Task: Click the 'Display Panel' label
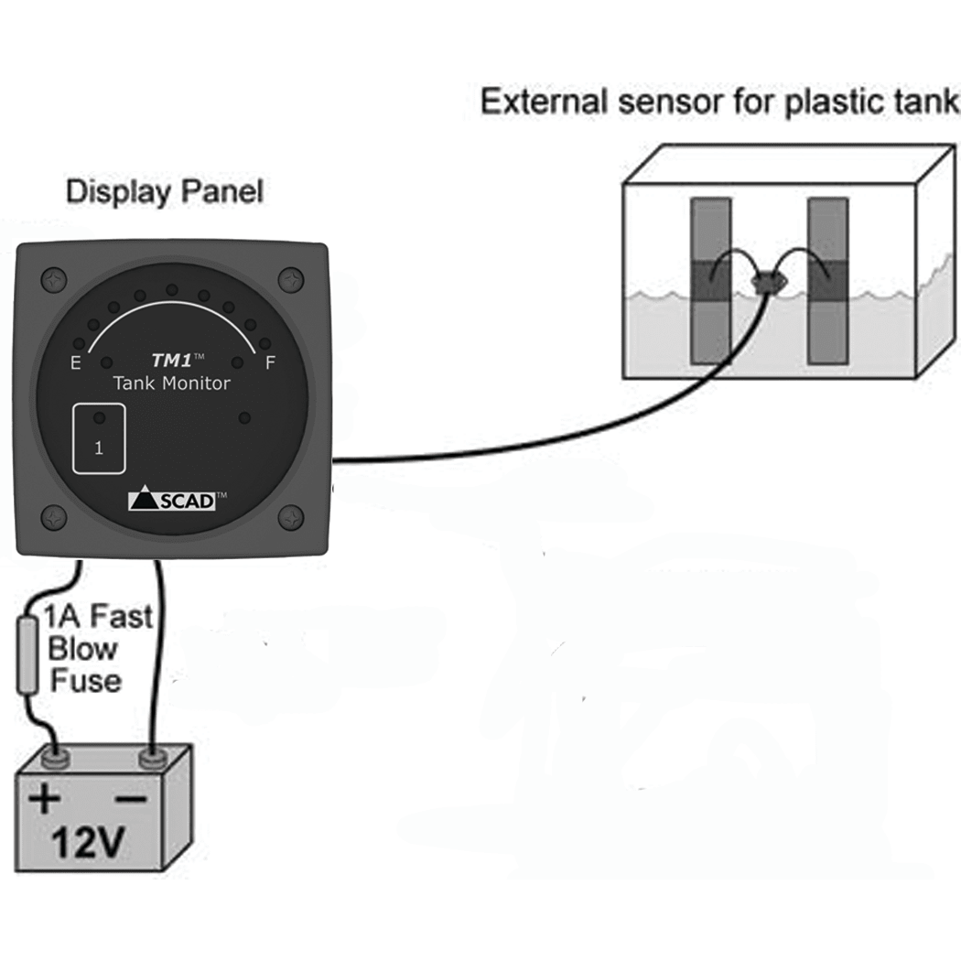164,192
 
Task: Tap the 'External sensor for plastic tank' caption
720,102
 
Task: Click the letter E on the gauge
75,363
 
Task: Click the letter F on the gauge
270,363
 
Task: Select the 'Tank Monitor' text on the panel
171,383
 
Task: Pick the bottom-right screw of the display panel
291,517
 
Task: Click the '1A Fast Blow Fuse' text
88,649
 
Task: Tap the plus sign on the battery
44,800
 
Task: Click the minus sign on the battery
131,799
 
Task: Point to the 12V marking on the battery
88,845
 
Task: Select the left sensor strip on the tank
709,282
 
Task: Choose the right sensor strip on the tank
827,282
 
